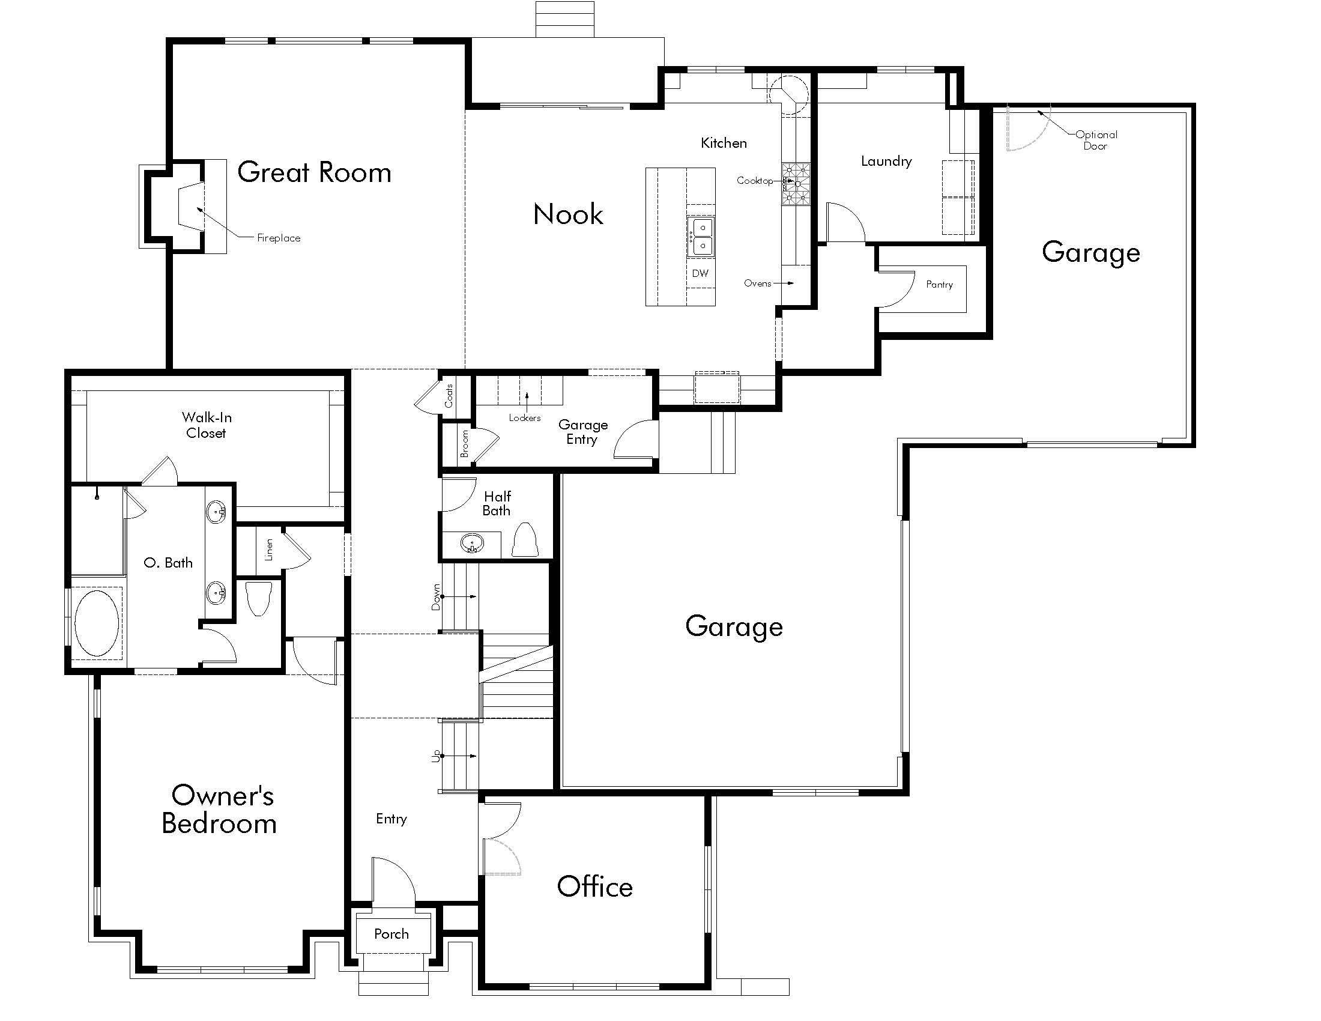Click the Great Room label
tap(314, 173)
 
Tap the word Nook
tap(568, 215)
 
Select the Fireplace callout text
tap(278, 238)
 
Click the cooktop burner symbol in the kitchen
tap(796, 184)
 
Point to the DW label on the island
tap(700, 273)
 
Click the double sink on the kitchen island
tap(701, 237)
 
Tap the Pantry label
tap(939, 284)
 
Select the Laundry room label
tap(886, 161)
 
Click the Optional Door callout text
tap(1096, 141)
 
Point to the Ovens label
tap(757, 283)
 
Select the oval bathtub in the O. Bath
tap(97, 623)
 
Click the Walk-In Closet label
tap(206, 425)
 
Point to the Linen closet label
tap(269, 550)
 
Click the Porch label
tap(391, 934)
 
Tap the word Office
tap(594, 886)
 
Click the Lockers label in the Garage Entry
tap(524, 418)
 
